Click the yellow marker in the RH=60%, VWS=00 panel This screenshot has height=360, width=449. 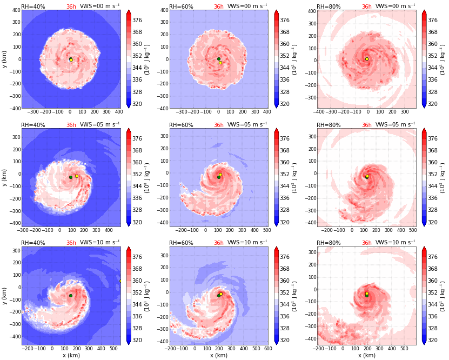click(x=220, y=63)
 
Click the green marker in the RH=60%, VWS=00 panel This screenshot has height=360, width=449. click(x=219, y=59)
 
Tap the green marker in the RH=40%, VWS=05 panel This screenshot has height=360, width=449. click(x=71, y=177)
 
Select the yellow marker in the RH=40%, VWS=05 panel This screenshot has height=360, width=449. click(x=77, y=176)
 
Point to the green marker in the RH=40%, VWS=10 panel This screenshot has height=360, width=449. click(x=71, y=296)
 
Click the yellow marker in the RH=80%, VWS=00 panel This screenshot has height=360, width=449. click(x=367, y=59)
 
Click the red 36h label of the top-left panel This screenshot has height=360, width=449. click(x=71, y=6)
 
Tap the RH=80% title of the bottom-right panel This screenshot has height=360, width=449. click(x=329, y=243)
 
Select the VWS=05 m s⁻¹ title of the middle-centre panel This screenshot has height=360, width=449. click(x=248, y=125)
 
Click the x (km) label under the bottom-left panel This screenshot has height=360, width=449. click(x=71, y=356)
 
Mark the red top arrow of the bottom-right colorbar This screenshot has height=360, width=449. click(x=425, y=249)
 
